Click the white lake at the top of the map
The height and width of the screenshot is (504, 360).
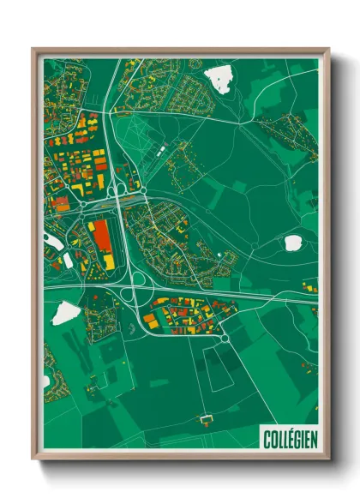tap(219, 79)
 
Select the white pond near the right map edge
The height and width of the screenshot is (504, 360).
tap(292, 243)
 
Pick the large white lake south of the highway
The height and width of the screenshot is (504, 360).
tap(64, 314)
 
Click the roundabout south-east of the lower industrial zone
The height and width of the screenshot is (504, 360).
tap(225, 338)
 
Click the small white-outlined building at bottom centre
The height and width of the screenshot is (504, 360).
tap(205, 419)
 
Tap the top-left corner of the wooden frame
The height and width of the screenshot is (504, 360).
tap(33, 49)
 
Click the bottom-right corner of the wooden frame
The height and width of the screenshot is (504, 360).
tap(328, 459)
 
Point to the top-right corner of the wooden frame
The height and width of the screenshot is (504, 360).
tap(328, 49)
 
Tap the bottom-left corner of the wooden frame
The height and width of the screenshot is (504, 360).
tap(33, 459)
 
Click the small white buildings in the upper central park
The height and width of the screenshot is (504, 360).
tap(160, 152)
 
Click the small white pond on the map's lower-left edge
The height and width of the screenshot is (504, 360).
tap(46, 381)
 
